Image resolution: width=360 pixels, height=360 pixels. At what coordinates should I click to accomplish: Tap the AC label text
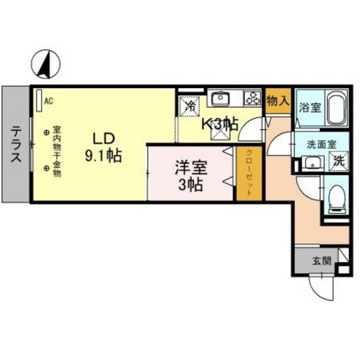click(49, 99)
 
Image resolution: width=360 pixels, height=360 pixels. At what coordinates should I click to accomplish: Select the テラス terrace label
click(15, 145)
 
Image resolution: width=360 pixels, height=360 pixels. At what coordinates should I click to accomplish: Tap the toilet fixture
click(336, 199)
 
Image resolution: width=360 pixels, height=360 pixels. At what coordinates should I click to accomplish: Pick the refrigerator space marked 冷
click(191, 106)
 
